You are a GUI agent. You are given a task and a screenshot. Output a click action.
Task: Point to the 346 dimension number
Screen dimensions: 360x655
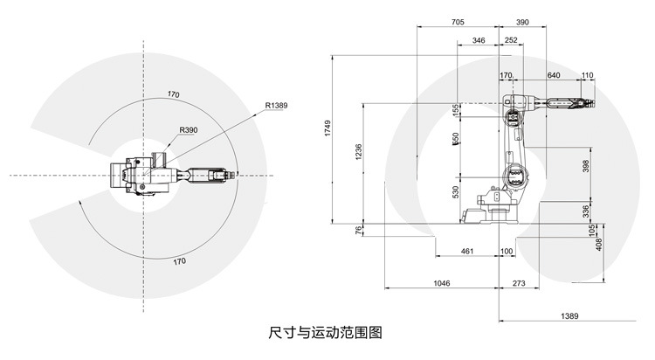pos(478,40)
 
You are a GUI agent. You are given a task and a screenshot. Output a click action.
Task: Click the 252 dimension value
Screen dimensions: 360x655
pos(512,40)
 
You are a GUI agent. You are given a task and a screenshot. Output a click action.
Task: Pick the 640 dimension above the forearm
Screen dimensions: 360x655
pos(553,76)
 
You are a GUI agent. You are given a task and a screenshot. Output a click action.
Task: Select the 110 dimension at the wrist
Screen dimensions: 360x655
pos(586,76)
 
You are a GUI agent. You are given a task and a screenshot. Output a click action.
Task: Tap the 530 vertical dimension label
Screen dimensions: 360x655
pos(455,191)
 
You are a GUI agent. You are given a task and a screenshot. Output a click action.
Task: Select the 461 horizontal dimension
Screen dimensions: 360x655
pos(467,252)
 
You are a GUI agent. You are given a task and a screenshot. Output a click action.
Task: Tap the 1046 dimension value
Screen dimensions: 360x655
pos(442,285)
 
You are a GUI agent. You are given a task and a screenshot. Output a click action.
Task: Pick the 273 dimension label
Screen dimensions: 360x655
pos(519,285)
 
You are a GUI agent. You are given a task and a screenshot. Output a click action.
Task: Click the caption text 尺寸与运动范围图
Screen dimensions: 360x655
pos(327,333)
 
